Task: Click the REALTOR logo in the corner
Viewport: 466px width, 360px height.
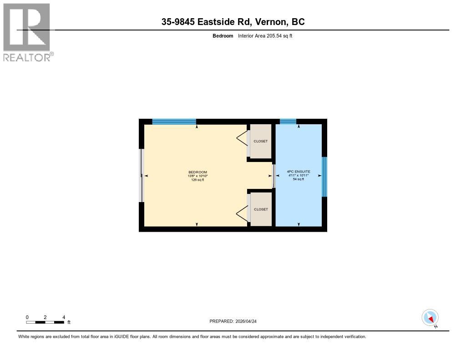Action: point(27,32)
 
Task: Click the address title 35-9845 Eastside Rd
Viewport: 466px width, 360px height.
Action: point(233,21)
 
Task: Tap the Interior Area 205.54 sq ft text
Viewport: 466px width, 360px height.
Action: point(265,35)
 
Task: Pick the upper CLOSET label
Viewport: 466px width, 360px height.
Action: point(261,141)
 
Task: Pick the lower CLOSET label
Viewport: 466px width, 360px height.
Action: point(261,209)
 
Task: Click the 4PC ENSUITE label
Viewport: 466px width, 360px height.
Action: point(299,172)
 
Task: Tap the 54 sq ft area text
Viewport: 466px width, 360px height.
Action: point(299,179)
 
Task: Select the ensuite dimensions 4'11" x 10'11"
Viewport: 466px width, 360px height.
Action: point(299,176)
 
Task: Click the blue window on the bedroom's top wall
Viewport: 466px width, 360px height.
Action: point(174,122)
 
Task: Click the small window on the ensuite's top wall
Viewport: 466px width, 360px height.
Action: point(288,122)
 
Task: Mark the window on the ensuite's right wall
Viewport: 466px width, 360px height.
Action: point(324,177)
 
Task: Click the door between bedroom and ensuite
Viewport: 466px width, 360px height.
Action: point(274,176)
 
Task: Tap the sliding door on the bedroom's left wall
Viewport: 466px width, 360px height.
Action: point(142,175)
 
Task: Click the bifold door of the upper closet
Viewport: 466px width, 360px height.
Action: point(243,138)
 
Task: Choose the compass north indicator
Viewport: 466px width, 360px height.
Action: point(430,318)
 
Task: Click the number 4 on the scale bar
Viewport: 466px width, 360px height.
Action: point(64,317)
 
